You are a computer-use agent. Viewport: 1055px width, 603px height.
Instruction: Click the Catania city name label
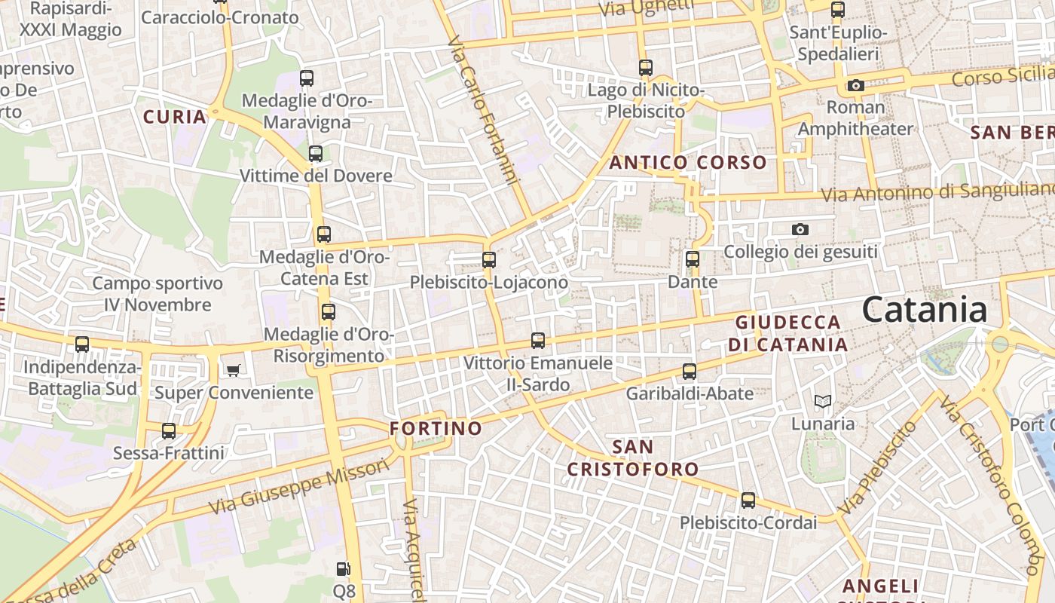[924, 310]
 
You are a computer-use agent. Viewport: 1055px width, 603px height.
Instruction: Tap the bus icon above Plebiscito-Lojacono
[489, 260]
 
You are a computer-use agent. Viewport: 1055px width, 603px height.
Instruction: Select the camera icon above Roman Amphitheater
[855, 85]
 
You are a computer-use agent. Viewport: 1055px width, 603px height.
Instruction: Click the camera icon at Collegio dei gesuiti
[800, 229]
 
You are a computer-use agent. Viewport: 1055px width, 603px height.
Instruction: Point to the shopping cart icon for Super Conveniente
[234, 370]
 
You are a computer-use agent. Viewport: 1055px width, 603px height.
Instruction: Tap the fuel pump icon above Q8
[344, 569]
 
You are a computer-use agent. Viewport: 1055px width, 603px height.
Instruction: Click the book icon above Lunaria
[823, 401]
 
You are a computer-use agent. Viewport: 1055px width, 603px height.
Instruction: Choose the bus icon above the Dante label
[693, 259]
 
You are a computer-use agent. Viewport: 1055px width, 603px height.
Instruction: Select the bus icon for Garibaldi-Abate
[690, 371]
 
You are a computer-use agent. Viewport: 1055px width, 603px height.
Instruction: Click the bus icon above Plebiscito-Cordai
[748, 500]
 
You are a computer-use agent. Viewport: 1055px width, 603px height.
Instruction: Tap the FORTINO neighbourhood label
[436, 429]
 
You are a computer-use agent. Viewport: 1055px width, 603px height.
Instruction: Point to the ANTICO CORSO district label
[688, 162]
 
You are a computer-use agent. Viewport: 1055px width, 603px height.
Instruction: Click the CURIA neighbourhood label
[175, 117]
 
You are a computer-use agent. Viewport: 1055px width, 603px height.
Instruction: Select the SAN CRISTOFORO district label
[633, 458]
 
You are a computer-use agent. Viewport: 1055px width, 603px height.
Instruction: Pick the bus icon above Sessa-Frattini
[169, 431]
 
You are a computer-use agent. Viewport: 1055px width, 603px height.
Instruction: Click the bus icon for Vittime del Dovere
[316, 154]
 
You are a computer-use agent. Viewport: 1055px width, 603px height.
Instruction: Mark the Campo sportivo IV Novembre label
[157, 294]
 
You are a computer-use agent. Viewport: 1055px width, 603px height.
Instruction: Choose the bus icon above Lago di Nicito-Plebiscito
[646, 67]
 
